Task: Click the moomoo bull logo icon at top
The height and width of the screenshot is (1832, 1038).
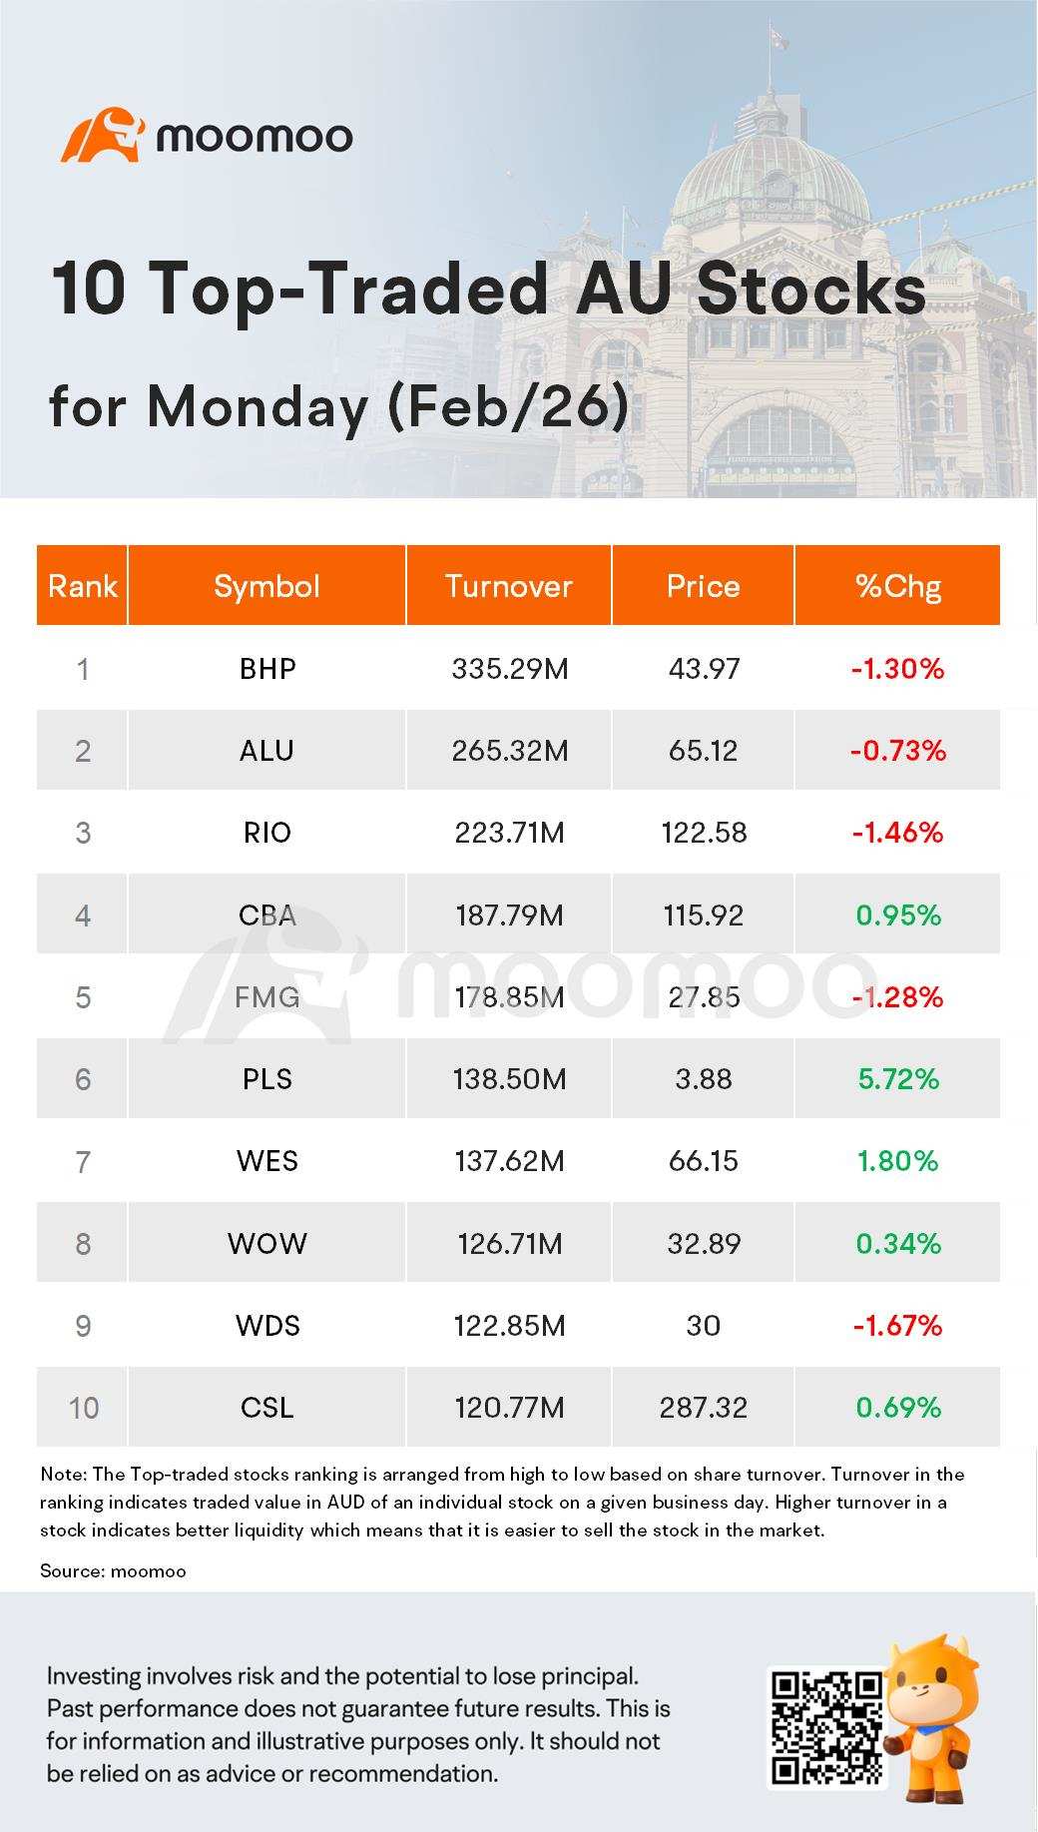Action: [103, 135]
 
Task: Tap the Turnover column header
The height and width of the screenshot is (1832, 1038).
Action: [509, 586]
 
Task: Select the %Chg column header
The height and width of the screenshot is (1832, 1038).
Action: [898, 587]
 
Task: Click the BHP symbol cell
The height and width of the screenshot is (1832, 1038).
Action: [267, 668]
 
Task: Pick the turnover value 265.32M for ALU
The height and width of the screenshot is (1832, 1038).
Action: [510, 750]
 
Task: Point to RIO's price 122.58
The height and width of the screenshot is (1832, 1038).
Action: [704, 833]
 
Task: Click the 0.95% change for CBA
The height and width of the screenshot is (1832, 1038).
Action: [898, 915]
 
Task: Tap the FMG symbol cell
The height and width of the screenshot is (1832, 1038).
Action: [267, 996]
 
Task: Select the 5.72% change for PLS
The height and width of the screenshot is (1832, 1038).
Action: [898, 1079]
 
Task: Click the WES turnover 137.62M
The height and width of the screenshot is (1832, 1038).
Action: [510, 1161]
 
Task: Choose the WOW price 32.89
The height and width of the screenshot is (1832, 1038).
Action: [704, 1243]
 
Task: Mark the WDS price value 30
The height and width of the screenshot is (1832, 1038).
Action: [704, 1325]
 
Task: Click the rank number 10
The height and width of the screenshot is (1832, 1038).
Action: [83, 1408]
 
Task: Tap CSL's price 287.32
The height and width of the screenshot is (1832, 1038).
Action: [704, 1408]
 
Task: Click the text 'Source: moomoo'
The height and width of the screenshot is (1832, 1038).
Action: [113, 1570]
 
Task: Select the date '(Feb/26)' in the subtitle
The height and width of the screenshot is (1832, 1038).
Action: [507, 407]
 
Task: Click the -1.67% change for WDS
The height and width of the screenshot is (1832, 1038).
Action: [898, 1325]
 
